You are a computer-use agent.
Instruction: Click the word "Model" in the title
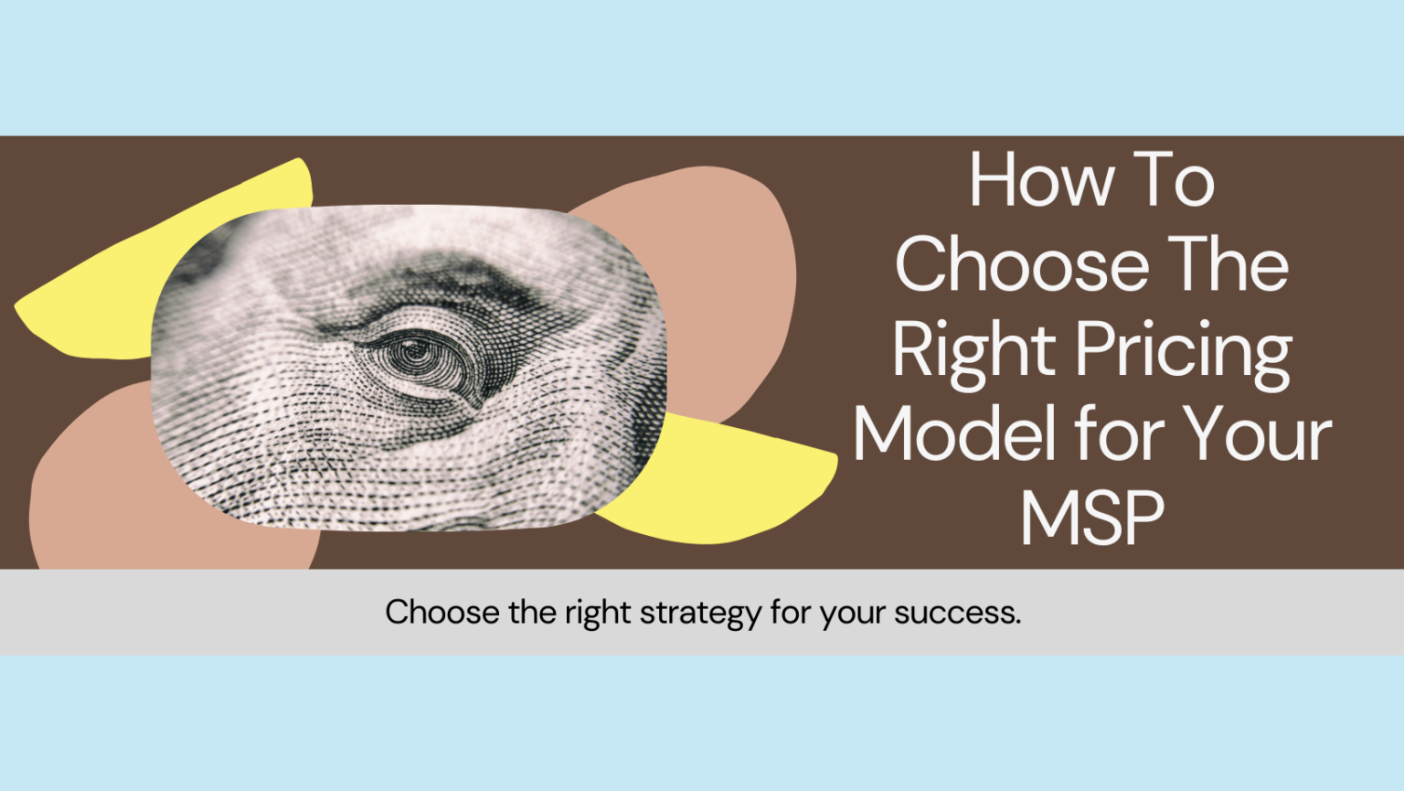pyautogui.click(x=955, y=434)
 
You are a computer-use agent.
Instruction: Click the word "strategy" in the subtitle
pyautogui.click(x=699, y=613)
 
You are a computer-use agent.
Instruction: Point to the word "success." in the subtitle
pyautogui.click(x=957, y=613)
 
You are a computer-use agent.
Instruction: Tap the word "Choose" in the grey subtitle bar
pyautogui.click(x=442, y=613)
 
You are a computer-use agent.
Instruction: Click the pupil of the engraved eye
pyautogui.click(x=413, y=350)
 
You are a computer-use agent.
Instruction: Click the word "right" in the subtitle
pyautogui.click(x=597, y=613)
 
